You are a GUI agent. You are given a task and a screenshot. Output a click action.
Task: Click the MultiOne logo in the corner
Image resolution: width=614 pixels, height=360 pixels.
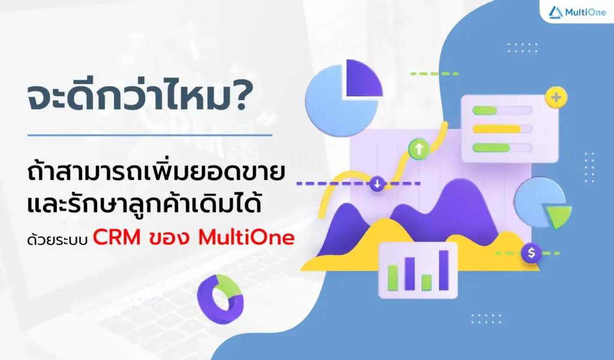click(x=577, y=12)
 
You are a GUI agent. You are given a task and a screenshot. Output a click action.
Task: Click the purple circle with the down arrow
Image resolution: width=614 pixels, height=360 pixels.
click(x=377, y=183)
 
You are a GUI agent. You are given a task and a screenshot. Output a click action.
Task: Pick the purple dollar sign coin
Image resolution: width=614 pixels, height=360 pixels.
click(x=531, y=253)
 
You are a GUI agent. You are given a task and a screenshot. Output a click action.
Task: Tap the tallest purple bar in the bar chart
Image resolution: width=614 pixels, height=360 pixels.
click(x=444, y=269)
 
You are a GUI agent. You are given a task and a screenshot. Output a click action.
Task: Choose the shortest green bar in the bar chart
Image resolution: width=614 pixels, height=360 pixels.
click(x=426, y=282)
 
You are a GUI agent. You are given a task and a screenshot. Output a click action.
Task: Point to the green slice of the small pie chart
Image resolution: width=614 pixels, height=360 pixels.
click(x=559, y=215)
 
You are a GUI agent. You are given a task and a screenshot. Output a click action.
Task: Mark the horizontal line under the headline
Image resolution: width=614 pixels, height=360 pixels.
click(x=150, y=135)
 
